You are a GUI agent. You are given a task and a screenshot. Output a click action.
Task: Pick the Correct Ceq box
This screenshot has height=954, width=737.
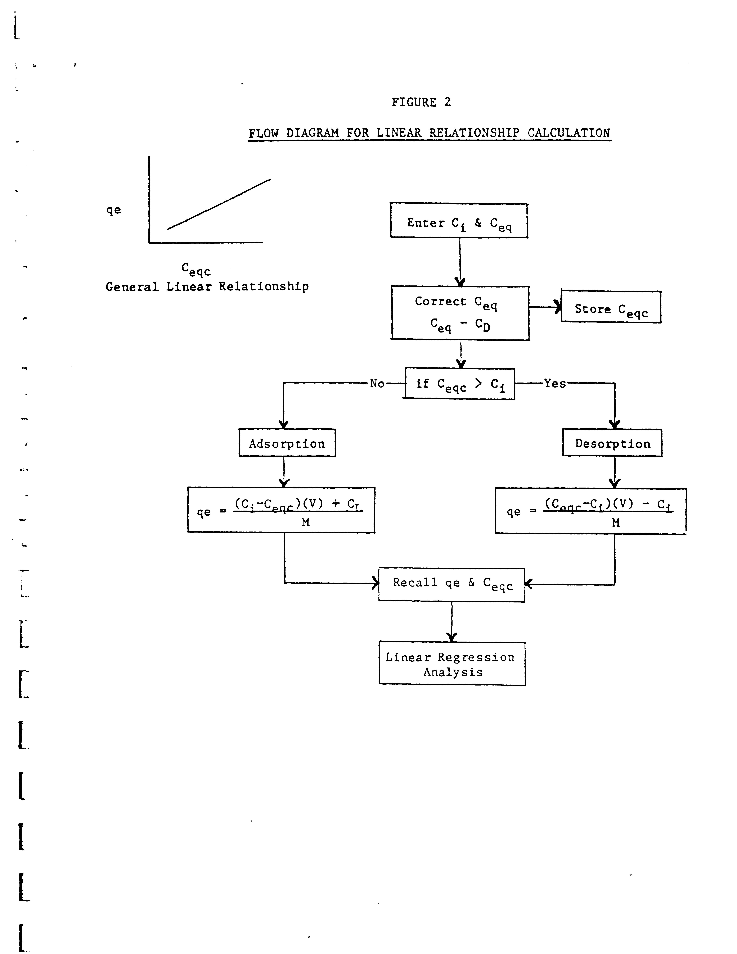pyautogui.click(x=460, y=313)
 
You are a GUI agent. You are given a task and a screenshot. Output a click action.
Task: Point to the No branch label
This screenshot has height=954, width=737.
pyautogui.click(x=377, y=384)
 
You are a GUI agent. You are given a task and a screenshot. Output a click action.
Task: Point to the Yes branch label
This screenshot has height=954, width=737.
pyautogui.click(x=555, y=384)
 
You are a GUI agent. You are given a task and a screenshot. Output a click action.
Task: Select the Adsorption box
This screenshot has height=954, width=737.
pyautogui.click(x=287, y=443)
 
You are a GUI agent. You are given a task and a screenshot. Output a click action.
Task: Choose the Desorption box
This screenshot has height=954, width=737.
pyautogui.click(x=612, y=443)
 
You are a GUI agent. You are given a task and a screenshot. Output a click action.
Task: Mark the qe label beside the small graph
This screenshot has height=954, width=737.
pyautogui.click(x=114, y=210)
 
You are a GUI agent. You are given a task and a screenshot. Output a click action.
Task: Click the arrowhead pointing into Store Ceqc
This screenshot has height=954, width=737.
pyautogui.click(x=557, y=307)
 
